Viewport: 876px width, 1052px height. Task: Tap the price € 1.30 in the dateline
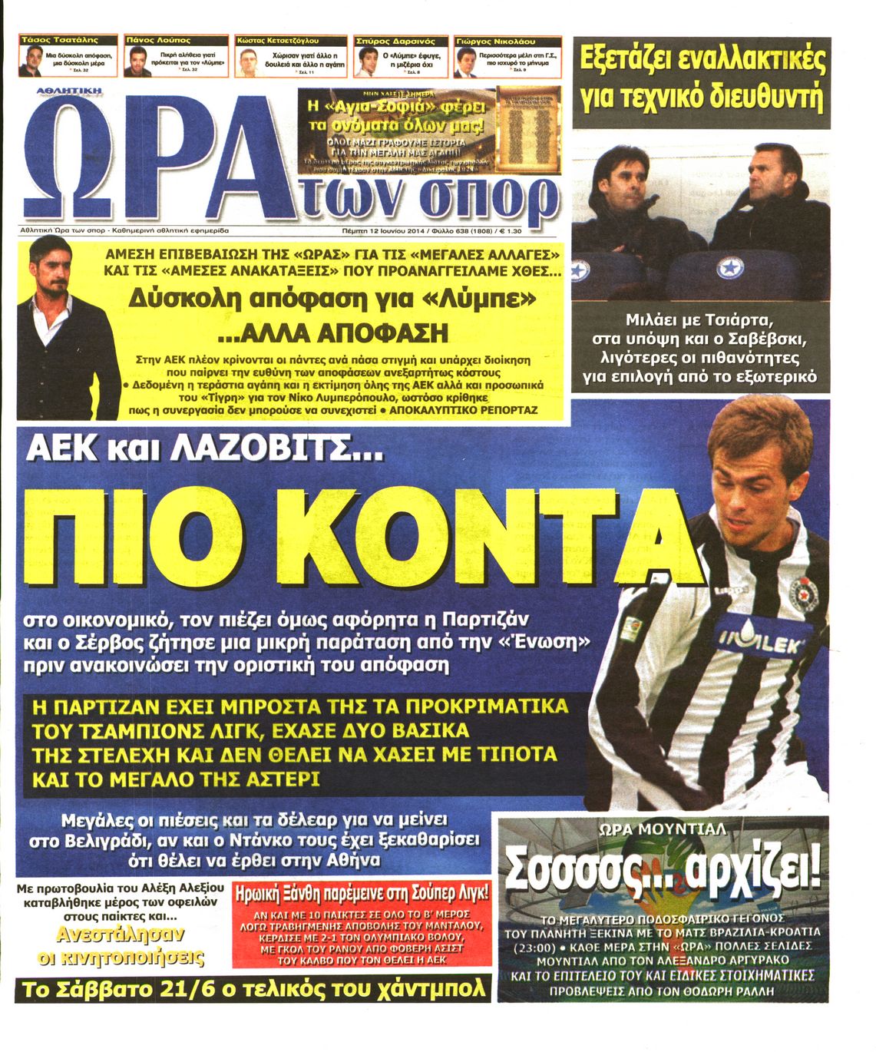point(507,230)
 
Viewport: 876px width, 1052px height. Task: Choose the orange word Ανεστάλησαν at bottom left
point(121,935)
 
